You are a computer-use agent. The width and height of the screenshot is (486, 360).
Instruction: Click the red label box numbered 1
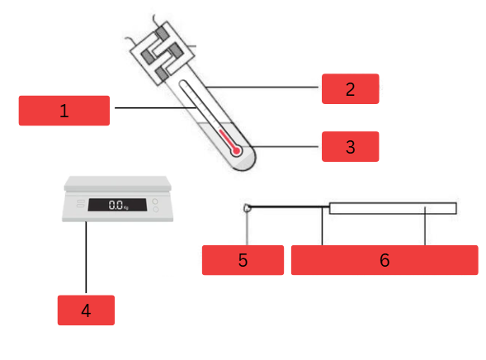[x=64, y=111]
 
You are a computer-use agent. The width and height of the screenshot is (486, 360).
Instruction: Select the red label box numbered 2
[x=350, y=88]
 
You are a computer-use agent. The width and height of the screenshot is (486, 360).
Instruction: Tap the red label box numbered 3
[x=350, y=146]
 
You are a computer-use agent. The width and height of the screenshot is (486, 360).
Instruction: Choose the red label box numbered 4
[x=86, y=310]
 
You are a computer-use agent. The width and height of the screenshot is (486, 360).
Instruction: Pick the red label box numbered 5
[x=243, y=259]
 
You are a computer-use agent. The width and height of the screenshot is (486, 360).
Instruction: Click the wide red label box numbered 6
[x=385, y=259]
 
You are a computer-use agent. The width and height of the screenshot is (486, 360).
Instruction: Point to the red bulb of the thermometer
[x=236, y=151]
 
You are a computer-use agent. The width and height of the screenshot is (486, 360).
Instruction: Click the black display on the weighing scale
[x=117, y=205]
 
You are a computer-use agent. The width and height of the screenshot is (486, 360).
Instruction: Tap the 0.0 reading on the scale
[x=116, y=205]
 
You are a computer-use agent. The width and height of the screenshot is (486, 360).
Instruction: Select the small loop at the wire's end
[x=247, y=207]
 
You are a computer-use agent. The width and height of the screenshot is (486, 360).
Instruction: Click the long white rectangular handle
[x=393, y=208]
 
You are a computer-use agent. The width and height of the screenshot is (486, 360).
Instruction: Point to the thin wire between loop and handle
[x=289, y=206]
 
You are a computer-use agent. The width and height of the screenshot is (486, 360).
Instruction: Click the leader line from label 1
[x=144, y=108]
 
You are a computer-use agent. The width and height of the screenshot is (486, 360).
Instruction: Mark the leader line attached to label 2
[x=264, y=87]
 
